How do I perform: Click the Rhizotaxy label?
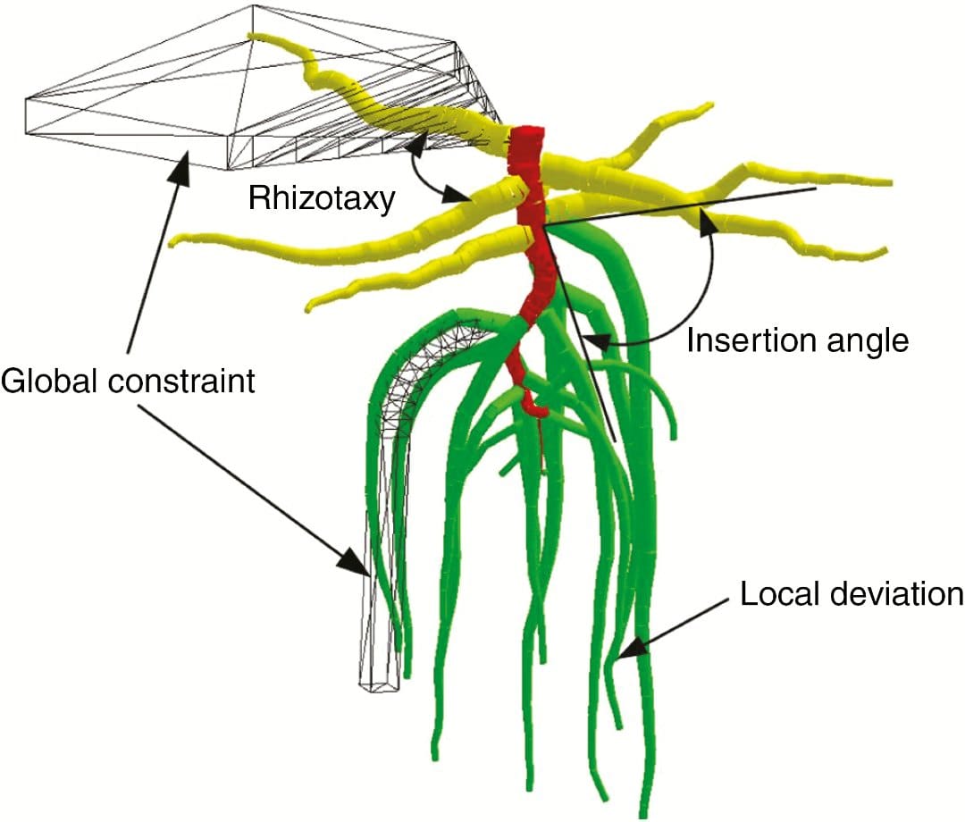pyautogui.click(x=322, y=198)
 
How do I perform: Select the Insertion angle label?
pyautogui.click(x=797, y=340)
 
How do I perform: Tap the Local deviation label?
pyautogui.click(x=852, y=593)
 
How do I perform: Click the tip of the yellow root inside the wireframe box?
pyautogui.click(x=254, y=37)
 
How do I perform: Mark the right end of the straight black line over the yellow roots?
pyautogui.click(x=814, y=189)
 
